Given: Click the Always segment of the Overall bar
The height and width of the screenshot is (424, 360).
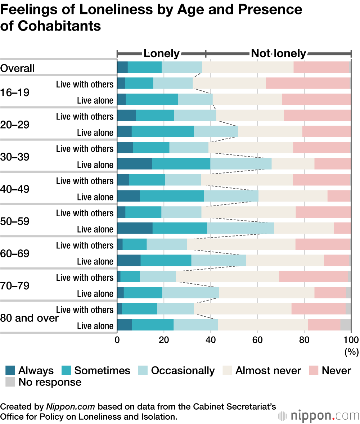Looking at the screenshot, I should (122, 67).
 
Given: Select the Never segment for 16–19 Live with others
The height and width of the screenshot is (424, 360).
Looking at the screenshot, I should (308, 84).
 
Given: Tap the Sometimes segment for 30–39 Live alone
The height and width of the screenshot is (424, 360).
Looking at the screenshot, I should (181, 164).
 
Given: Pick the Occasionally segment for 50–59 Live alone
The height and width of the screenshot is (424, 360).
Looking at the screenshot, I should (240, 229).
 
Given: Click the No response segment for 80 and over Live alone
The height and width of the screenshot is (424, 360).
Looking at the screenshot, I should (346, 325).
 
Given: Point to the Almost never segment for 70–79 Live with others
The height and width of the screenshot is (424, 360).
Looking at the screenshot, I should (227, 277).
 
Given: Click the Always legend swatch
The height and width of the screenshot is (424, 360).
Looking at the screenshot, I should (10, 370).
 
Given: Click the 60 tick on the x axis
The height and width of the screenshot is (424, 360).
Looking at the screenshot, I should (257, 339).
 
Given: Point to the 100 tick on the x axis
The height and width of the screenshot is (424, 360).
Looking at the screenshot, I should (351, 339).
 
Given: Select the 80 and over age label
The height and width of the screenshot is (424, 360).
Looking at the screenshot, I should (29, 318).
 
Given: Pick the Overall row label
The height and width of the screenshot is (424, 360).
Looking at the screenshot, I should (17, 68).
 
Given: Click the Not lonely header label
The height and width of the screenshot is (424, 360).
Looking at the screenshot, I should (278, 54).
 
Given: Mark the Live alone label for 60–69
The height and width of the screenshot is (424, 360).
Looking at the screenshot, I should (95, 261).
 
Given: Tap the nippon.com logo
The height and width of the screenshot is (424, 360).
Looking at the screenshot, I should (319, 416).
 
